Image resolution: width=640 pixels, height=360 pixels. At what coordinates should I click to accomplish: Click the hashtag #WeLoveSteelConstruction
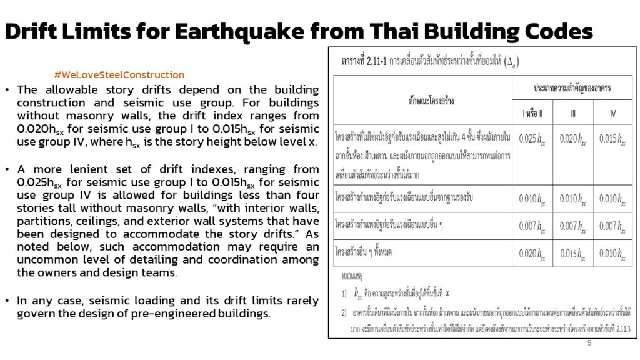pos(119,75)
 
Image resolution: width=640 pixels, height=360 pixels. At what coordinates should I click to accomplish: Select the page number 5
pos(589,342)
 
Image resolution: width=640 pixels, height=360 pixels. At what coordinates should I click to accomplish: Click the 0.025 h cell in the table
pos(532,139)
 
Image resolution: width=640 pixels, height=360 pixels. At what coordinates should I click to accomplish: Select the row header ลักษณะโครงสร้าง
pos(423,99)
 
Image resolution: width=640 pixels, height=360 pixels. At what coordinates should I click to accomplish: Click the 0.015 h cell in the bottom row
pos(573,254)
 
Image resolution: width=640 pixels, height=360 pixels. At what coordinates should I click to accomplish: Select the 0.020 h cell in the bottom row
pos(532,254)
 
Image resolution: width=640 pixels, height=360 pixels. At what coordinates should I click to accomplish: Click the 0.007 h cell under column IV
pos(612,226)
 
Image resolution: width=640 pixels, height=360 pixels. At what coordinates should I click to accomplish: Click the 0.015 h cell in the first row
pos(612,139)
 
